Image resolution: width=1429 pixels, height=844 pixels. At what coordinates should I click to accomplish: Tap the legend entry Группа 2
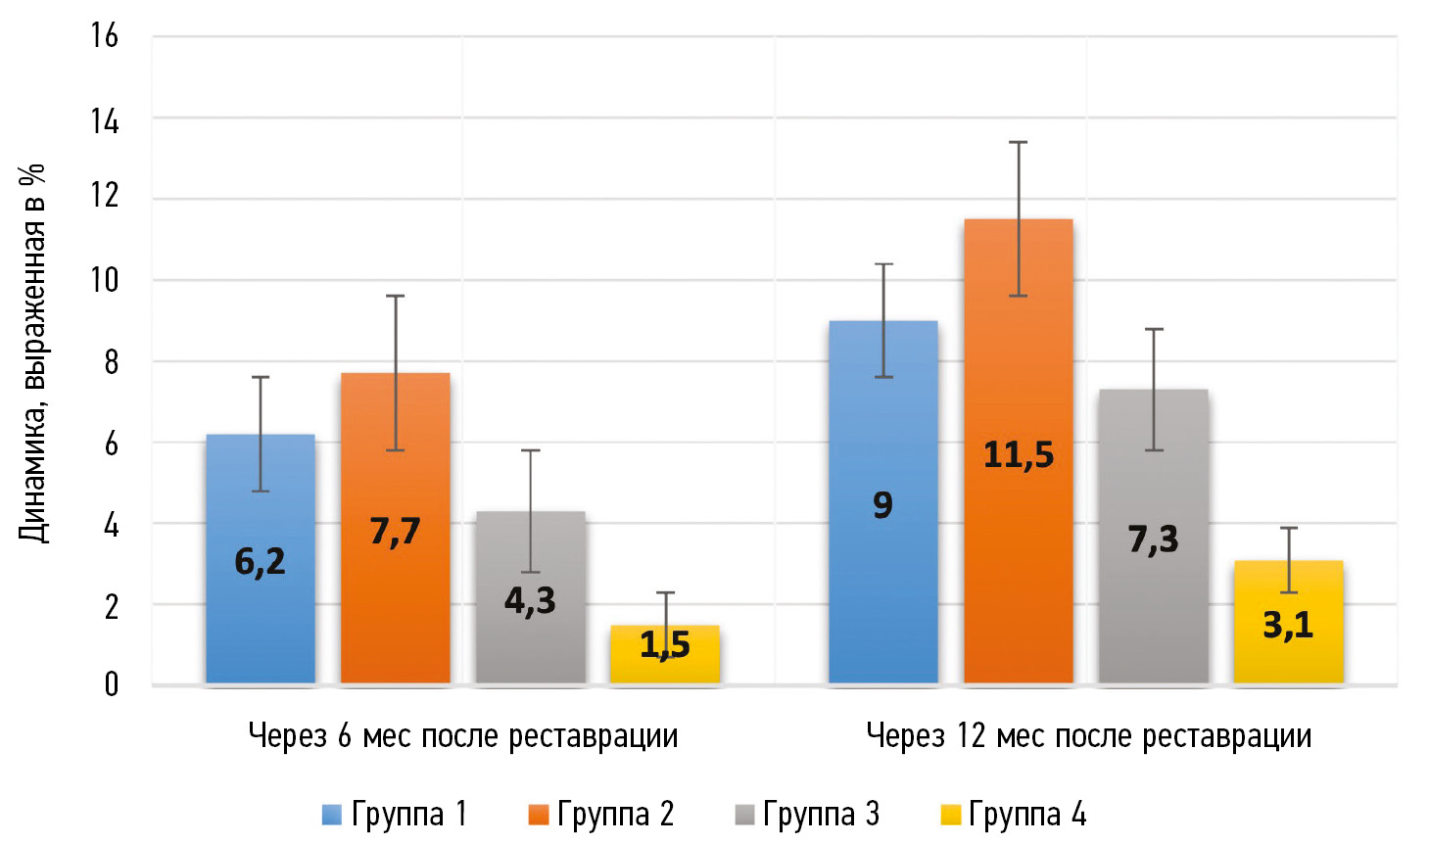(x=600, y=815)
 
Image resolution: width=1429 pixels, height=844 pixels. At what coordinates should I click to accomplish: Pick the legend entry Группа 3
(x=807, y=815)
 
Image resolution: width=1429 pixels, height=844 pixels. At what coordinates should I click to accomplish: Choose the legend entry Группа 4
(x=1013, y=815)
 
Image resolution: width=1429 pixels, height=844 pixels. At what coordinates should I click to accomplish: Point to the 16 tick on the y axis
(x=105, y=36)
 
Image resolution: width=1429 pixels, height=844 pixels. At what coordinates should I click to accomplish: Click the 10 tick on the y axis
(x=105, y=280)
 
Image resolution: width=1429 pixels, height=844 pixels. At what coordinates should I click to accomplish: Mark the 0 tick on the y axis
(x=111, y=684)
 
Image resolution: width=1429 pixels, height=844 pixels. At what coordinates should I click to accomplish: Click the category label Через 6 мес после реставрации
(x=463, y=736)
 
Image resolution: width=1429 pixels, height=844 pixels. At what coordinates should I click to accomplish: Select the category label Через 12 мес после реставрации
(x=1089, y=736)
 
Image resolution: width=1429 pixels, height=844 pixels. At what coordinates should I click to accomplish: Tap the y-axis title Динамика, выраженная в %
(x=32, y=352)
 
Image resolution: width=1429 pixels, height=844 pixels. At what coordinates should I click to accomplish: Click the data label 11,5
(x=1019, y=455)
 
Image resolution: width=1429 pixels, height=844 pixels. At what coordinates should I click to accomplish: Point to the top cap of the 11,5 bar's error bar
(x=1019, y=142)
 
